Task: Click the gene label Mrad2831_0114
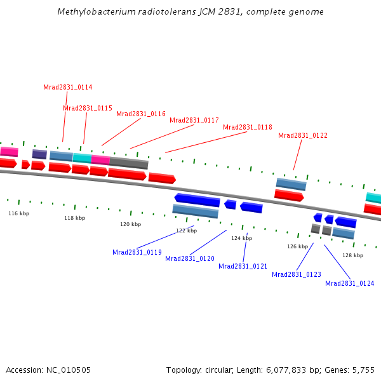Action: pyautogui.click(x=68, y=87)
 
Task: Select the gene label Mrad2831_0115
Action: pyautogui.click(x=88, y=108)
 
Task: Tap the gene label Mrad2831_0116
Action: pyautogui.click(x=141, y=114)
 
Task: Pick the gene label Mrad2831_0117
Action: pyautogui.click(x=194, y=120)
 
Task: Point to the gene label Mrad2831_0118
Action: pyautogui.click(x=248, y=127)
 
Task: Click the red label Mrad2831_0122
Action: pyautogui.click(x=303, y=135)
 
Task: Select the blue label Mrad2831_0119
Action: pyautogui.click(x=137, y=252)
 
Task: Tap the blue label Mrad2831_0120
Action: pyautogui.click(x=190, y=258)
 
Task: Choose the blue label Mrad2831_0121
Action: pyautogui.click(x=243, y=266)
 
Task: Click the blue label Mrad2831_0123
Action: pyautogui.click(x=297, y=274)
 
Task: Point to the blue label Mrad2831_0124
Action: pyautogui.click(x=350, y=283)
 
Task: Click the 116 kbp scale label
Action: pyautogui.click(x=18, y=213)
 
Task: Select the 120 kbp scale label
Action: pyautogui.click(x=131, y=224)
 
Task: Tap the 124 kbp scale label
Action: pyautogui.click(x=241, y=238)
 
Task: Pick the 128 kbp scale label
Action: pyautogui.click(x=353, y=255)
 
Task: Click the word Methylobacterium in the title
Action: pyautogui.click(x=95, y=12)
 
